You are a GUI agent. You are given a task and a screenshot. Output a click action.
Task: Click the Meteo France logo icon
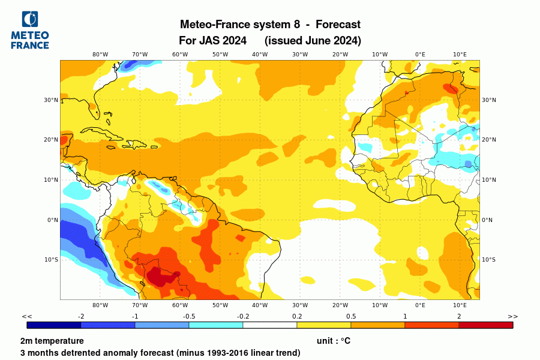click(x=29, y=20)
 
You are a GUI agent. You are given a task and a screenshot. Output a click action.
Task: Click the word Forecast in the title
click(x=338, y=25)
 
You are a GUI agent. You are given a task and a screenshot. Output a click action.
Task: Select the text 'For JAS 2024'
click(x=212, y=41)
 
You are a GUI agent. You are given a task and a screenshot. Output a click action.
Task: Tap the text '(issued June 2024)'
click(x=313, y=41)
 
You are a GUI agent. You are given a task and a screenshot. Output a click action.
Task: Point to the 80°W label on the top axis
click(x=100, y=54)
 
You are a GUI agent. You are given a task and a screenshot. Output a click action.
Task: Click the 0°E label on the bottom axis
click(x=420, y=305)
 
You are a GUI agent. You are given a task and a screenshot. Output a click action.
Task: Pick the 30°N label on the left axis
click(x=50, y=100)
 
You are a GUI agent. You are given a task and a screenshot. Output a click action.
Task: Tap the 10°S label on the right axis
click(x=489, y=260)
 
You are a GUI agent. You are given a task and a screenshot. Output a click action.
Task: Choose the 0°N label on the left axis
click(x=52, y=220)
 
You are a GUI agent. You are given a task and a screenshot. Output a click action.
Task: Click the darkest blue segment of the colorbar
click(x=54, y=325)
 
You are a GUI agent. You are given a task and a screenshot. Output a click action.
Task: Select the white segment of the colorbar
click(x=270, y=325)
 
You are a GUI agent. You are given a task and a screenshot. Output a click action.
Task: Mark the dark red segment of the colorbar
click(x=486, y=325)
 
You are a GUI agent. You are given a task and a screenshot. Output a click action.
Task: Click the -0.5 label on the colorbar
click(x=189, y=316)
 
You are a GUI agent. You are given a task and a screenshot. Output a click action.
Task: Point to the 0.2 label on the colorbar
click(x=297, y=316)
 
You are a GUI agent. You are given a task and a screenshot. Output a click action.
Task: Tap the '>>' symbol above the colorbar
click(x=512, y=316)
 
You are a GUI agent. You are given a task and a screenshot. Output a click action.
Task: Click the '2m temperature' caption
click(x=52, y=341)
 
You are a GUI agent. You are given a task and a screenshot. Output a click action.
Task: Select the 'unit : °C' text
click(x=334, y=341)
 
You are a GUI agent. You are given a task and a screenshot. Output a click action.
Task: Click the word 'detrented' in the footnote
click(x=100, y=353)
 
